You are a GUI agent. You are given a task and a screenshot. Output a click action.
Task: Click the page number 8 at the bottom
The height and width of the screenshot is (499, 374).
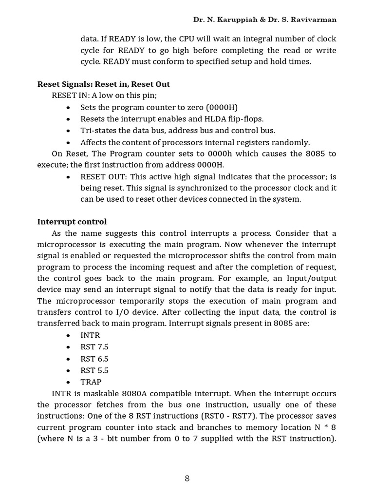click(187, 479)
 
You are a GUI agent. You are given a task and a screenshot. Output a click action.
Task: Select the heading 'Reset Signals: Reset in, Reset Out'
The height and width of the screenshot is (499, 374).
click(104, 84)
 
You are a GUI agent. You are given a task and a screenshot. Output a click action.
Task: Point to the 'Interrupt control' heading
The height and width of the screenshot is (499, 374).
click(72, 222)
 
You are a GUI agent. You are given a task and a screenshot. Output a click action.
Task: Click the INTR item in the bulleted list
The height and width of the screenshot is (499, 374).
click(90, 335)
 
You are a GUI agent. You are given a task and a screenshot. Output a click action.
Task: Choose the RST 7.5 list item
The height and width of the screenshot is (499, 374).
click(94, 347)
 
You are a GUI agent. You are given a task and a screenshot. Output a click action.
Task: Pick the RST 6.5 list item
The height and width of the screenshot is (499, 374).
click(94, 359)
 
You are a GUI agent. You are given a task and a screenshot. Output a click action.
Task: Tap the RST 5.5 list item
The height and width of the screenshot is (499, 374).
click(94, 370)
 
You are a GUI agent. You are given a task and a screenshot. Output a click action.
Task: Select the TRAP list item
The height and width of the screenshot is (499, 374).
click(91, 382)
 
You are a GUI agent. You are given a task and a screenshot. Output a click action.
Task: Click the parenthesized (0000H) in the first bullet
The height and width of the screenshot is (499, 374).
click(222, 107)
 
